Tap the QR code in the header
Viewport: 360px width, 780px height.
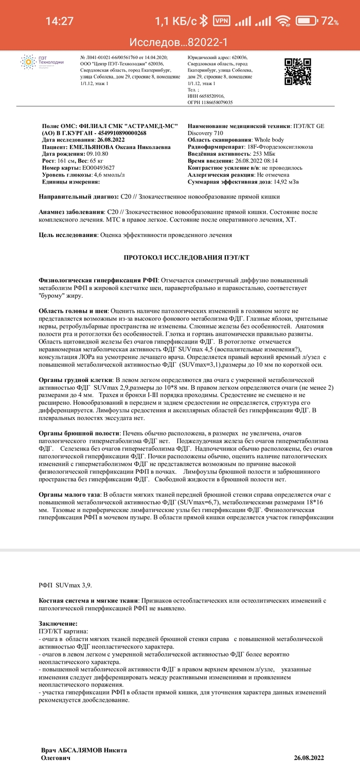[x=297, y=71]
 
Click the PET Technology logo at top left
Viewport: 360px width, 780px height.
[x=42, y=63]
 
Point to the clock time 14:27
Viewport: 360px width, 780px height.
[x=60, y=22]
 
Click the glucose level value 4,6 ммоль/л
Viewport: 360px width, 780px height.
[x=109, y=175]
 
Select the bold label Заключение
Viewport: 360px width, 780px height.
[x=58, y=624]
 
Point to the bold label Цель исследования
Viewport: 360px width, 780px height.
[x=68, y=235]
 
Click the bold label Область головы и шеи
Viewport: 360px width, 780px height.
[x=73, y=312]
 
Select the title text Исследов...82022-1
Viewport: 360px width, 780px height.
[x=179, y=42]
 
